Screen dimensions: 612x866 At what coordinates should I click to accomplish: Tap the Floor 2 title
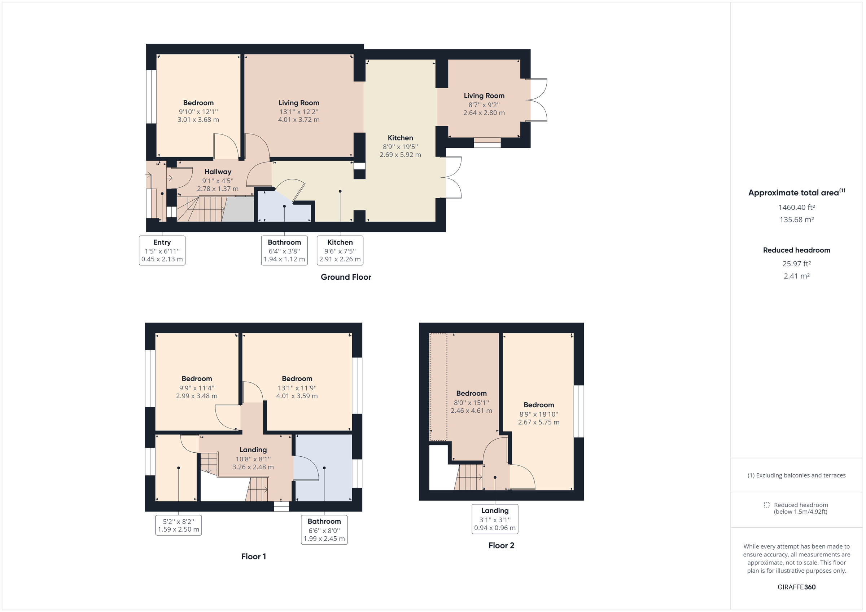[501, 545]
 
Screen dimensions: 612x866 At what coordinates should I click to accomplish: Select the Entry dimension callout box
[162, 250]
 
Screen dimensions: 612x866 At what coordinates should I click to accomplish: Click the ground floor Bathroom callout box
[284, 250]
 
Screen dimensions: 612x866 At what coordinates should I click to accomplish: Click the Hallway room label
[218, 172]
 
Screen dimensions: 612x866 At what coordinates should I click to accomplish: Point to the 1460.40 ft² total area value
[796, 207]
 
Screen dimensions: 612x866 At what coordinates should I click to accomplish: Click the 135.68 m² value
[796, 220]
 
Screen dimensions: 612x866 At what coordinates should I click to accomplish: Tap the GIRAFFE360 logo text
[796, 587]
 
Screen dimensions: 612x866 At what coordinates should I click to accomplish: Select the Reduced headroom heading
[796, 250]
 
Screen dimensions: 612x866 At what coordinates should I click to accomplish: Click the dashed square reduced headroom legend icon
[766, 505]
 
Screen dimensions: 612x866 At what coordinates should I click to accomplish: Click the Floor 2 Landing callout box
[494, 519]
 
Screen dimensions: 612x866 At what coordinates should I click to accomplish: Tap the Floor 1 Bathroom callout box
[324, 530]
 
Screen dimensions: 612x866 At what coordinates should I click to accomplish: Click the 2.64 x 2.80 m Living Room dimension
[484, 113]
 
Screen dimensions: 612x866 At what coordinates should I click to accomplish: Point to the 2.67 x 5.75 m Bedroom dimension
[538, 422]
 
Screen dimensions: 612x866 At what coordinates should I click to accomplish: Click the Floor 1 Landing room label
[253, 449]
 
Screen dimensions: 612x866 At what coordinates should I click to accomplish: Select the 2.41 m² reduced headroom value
[796, 276]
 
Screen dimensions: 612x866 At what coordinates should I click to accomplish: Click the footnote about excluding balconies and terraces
[796, 475]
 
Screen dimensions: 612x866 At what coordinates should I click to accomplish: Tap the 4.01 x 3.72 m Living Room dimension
[298, 119]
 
